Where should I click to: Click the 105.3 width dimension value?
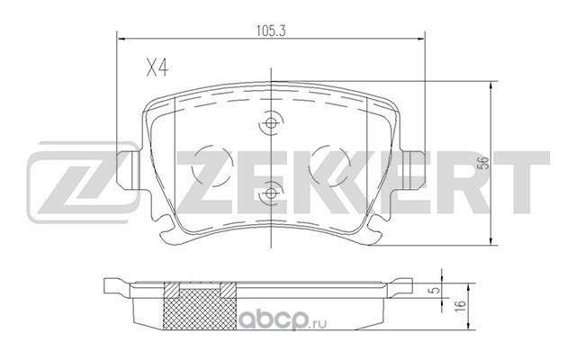pos(271,31)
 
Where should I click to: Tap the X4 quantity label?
pos(157,68)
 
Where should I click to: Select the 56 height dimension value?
pos(484,163)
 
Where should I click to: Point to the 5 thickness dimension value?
pos(436,290)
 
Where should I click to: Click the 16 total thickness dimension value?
pos(462,304)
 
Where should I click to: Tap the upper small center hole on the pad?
pos(271,123)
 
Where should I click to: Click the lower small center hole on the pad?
pos(271,193)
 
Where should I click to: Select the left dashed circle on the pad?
pos(212,166)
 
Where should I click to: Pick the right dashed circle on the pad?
pos(329,166)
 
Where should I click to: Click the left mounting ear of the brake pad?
pos(128,170)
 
